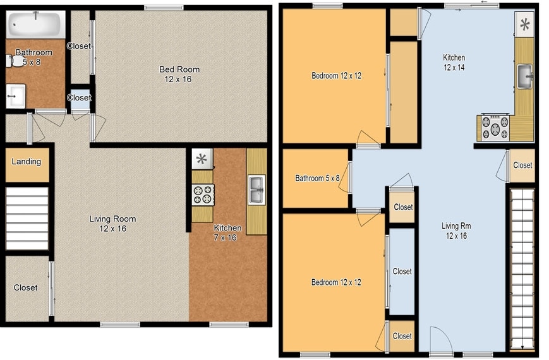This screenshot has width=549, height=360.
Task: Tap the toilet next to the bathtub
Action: [11, 61]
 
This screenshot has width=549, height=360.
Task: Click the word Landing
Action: [27, 162]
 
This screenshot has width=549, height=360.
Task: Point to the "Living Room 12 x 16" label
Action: [112, 224]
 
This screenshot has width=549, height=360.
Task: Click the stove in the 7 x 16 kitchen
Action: [203, 195]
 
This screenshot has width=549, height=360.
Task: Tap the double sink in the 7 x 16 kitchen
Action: [256, 190]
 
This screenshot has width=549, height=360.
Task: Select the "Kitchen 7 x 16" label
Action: [227, 232]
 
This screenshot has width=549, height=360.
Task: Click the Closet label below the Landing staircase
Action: [25, 288]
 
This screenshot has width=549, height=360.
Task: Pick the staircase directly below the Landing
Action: [27, 218]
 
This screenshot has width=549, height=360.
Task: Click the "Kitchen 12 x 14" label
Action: [454, 63]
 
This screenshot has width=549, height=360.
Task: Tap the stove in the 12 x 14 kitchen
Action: [495, 127]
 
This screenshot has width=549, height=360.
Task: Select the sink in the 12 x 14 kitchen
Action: [525, 76]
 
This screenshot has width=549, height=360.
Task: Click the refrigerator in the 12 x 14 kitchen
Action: [524, 25]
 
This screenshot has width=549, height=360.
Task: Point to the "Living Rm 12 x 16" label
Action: [456, 231]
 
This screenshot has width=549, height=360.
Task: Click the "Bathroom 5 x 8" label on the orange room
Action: [317, 179]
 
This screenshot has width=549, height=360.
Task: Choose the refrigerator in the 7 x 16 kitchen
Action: [202, 159]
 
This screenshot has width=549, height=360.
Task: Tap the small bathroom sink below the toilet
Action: [15, 95]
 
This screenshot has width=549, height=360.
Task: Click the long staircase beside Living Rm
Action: [521, 268]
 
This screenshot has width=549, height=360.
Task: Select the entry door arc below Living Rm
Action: [441, 342]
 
